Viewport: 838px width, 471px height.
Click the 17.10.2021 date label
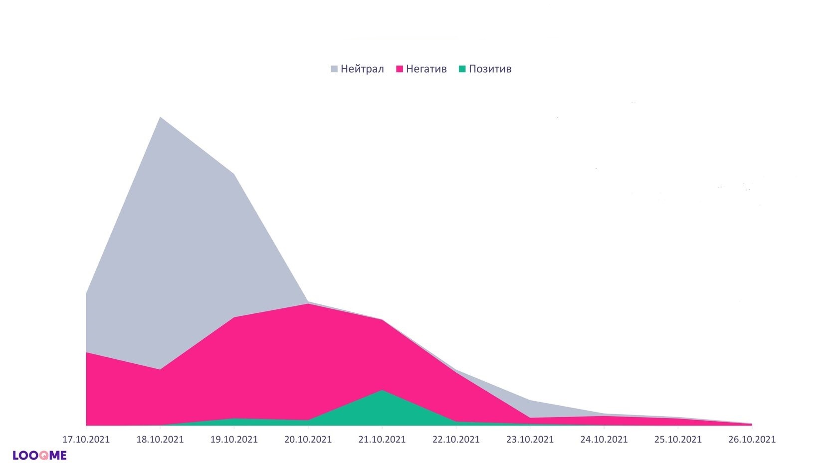coord(86,440)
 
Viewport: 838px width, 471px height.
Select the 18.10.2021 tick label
coord(160,440)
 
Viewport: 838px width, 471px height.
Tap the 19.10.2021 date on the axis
coord(234,440)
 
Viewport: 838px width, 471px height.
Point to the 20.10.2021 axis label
coord(308,440)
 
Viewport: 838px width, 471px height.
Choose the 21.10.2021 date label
coord(382,440)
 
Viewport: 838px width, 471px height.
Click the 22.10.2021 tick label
coord(456,440)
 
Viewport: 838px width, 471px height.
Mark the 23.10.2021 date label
coord(530,440)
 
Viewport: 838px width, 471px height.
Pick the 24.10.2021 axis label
coord(604,440)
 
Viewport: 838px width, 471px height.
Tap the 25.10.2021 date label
coord(678,440)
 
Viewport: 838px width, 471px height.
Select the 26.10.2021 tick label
coord(752,440)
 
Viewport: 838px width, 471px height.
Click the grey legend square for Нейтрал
coord(334,69)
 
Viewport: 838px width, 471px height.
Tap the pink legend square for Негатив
coord(400,69)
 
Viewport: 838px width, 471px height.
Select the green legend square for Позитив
coord(462,69)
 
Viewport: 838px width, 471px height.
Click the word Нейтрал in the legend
coord(362,69)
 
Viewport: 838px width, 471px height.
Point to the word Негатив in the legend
coord(426,69)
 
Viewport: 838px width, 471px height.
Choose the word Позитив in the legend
coord(490,69)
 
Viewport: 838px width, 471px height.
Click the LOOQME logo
coord(39,455)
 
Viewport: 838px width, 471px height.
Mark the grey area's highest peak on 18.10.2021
coord(160,118)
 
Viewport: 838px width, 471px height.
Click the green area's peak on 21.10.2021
coord(382,391)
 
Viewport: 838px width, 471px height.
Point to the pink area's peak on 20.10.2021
coord(308,304)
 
